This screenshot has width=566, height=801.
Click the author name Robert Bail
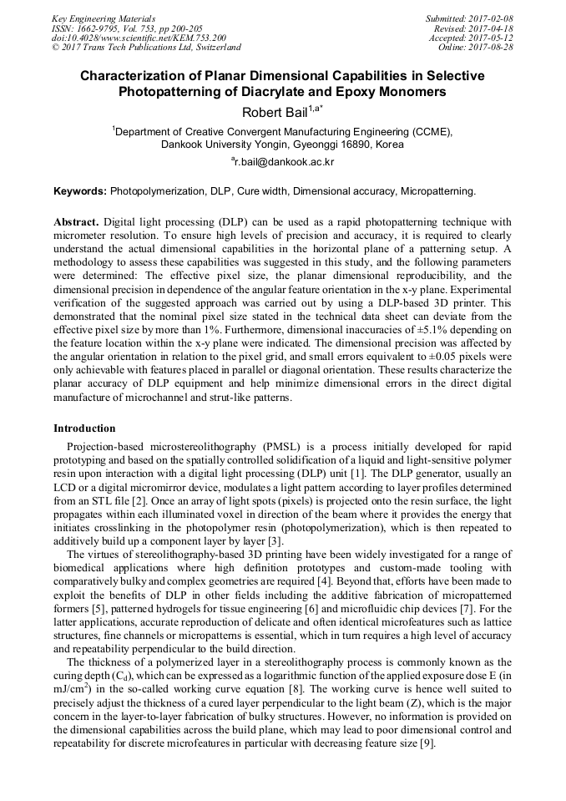pos(274,112)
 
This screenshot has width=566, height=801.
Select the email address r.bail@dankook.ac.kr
pos(284,161)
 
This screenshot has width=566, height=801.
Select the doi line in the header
pos(139,38)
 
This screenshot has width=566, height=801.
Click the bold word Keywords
pos(79,191)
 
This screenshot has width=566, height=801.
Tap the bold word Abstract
pos(76,223)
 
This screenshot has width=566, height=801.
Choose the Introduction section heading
pos(84,428)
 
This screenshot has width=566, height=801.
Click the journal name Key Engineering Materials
pos(103,18)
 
